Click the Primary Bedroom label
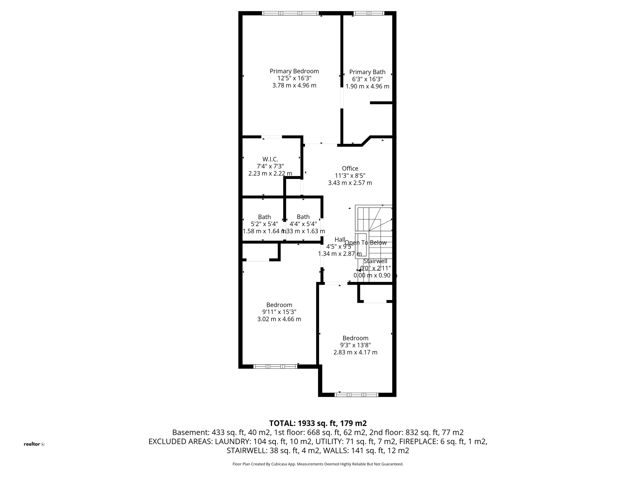tap(294, 71)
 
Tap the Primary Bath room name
tap(367, 72)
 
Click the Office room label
tap(350, 168)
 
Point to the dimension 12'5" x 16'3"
tap(294, 78)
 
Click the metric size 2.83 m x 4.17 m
tap(355, 352)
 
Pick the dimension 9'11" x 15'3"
tap(279, 312)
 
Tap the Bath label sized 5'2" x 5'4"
tap(264, 217)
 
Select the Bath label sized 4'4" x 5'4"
tap(303, 217)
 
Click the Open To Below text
tap(366, 243)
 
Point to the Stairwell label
tap(375, 261)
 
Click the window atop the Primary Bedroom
tap(290, 13)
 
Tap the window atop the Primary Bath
tap(369, 13)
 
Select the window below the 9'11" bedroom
tap(275, 366)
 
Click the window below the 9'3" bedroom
tap(356, 395)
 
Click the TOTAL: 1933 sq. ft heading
tap(318, 423)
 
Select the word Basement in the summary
tap(191, 432)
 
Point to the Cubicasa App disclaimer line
tap(318, 464)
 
